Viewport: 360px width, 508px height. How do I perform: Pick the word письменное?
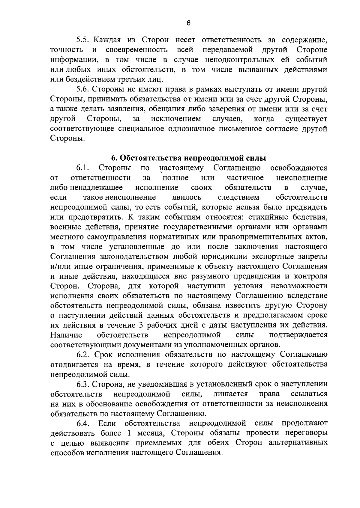click(237, 129)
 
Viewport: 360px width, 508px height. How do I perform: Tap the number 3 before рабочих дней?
click(141, 325)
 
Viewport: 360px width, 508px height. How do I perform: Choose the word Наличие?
click(66, 335)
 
